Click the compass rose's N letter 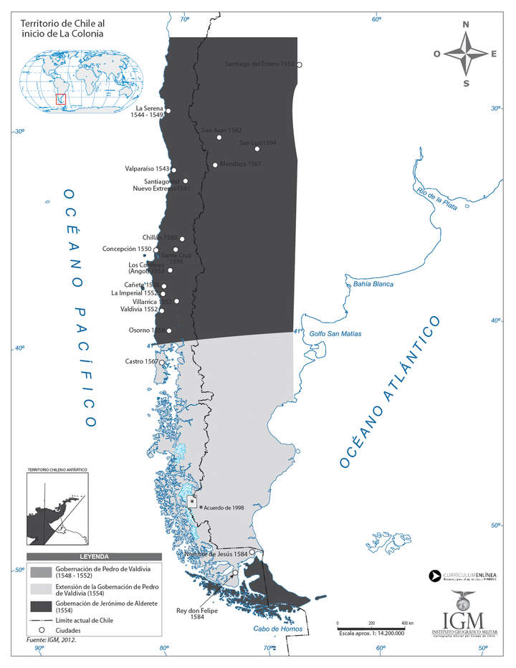(466, 25)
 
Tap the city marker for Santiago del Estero (300, 65)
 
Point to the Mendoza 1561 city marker (215, 165)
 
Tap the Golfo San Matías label (335, 334)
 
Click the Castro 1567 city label (141, 362)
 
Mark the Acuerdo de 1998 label (224, 507)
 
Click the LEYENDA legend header (94, 556)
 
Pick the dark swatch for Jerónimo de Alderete (41, 605)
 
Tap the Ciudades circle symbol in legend (41, 630)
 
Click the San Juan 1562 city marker (219, 137)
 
